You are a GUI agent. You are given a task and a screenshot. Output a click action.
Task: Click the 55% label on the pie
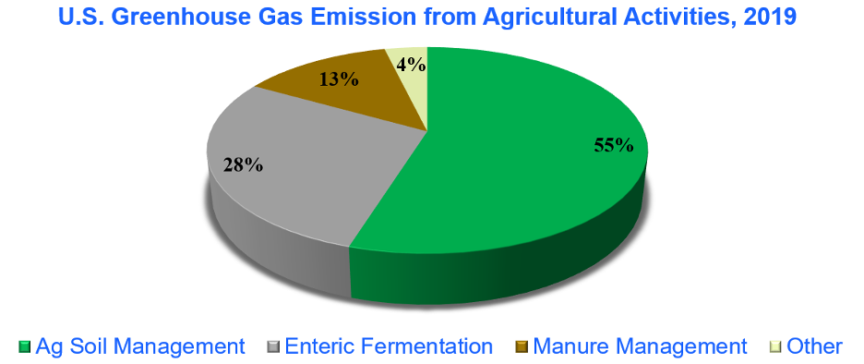click(613, 145)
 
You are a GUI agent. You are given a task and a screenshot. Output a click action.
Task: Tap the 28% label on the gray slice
click(243, 164)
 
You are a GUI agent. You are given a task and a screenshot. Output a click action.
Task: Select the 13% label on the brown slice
click(340, 80)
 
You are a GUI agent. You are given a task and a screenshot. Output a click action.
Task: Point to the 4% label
click(411, 65)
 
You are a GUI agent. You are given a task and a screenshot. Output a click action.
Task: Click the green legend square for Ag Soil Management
click(24, 346)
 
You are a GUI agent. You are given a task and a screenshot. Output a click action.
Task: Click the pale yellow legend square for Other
click(775, 346)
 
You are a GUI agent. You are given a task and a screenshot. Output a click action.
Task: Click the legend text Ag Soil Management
click(140, 346)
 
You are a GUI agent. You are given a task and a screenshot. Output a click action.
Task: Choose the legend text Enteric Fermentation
click(388, 346)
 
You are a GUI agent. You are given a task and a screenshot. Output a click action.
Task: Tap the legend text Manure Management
click(640, 346)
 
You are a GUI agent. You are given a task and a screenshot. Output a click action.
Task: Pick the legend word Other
click(815, 346)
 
